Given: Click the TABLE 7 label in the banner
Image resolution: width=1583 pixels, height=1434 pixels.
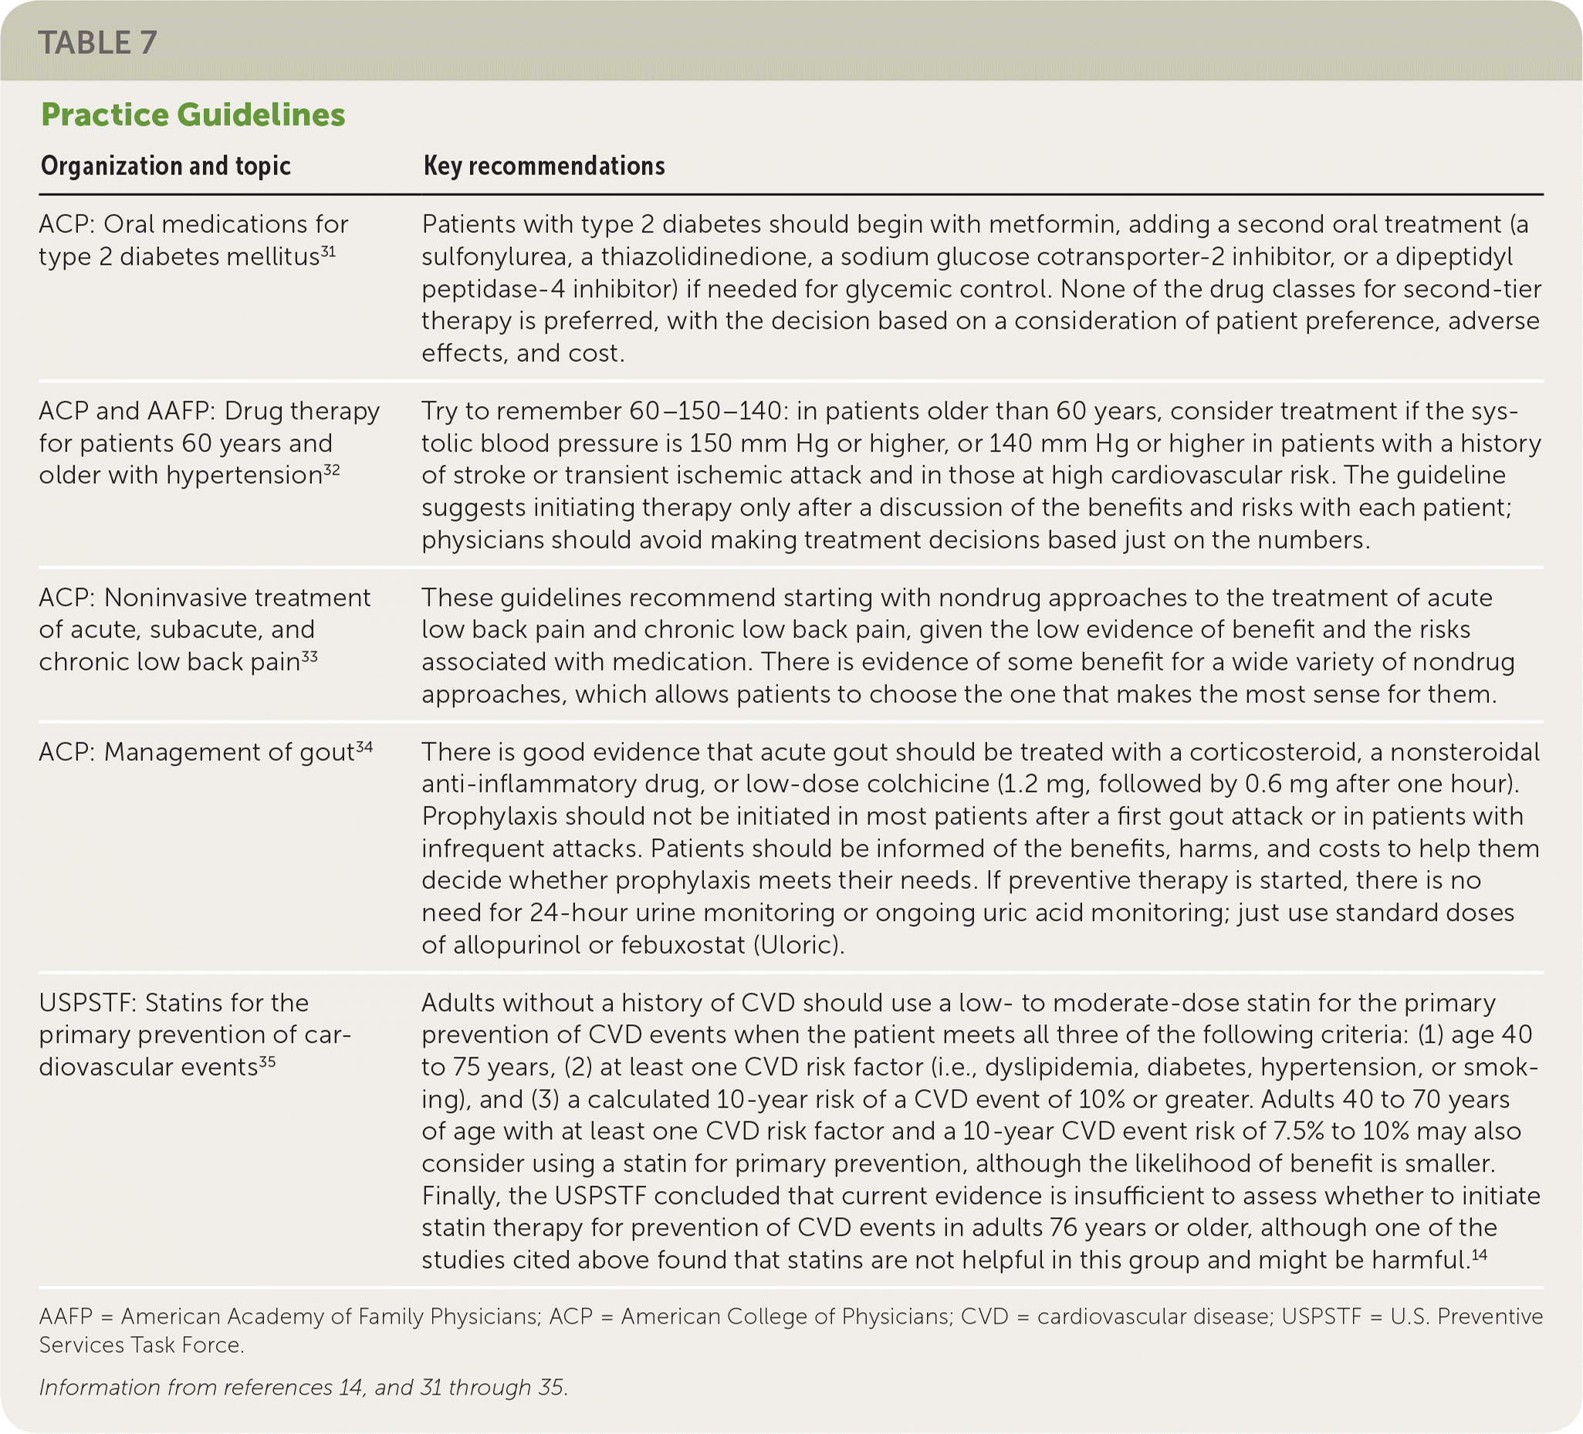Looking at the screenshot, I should point(97,42).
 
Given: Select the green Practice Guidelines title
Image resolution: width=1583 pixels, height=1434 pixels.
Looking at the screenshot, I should point(192,115).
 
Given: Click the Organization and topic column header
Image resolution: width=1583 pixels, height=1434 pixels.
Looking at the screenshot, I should point(166,166).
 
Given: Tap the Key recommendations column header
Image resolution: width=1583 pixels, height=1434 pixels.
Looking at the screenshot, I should point(544,166).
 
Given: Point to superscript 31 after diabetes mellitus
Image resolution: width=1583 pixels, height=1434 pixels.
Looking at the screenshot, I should point(327,252).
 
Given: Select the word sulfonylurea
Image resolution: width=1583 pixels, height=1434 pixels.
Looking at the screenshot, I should point(498,257).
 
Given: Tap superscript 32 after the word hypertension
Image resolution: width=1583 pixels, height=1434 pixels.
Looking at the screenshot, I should point(331,469).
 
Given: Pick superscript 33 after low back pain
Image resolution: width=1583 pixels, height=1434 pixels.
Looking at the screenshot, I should point(309,657).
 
